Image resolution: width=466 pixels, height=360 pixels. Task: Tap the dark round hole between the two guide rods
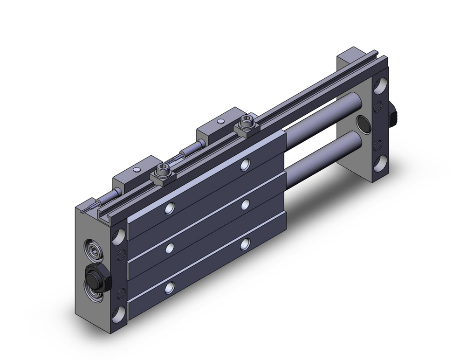(362, 125)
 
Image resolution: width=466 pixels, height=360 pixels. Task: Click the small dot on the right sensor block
(219, 122)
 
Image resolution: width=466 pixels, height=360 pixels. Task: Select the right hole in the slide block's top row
(246, 164)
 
